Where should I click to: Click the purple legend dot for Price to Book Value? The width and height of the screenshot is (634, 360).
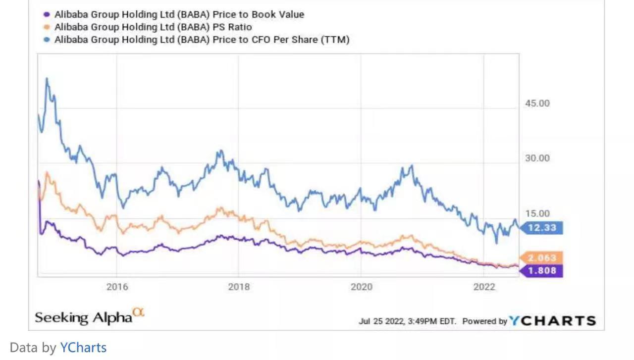point(47,14)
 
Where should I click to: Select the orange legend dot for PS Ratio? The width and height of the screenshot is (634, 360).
point(47,27)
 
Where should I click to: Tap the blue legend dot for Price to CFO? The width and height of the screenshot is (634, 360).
point(47,40)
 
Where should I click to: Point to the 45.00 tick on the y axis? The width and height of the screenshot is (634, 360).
point(537,103)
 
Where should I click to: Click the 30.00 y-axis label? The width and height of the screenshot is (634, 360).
point(537,158)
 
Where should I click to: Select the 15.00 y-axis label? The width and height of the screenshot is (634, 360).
point(537,214)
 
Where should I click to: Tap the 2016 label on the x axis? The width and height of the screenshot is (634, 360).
point(117,287)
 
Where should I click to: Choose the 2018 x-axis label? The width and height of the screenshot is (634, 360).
point(239,287)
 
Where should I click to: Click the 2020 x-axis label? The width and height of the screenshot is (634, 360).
point(361,287)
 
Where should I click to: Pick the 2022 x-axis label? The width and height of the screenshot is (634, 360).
point(484,287)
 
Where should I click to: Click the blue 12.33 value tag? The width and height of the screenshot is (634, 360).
point(542,228)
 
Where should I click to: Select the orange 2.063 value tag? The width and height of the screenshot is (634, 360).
point(542,257)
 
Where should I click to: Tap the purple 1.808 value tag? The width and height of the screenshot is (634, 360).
point(542,270)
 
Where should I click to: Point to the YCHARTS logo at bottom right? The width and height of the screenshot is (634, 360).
point(553,321)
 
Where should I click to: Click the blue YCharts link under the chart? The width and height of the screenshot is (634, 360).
point(83,348)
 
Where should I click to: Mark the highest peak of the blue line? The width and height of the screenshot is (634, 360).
point(47,78)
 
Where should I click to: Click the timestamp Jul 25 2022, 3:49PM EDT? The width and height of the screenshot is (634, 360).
point(407,321)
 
